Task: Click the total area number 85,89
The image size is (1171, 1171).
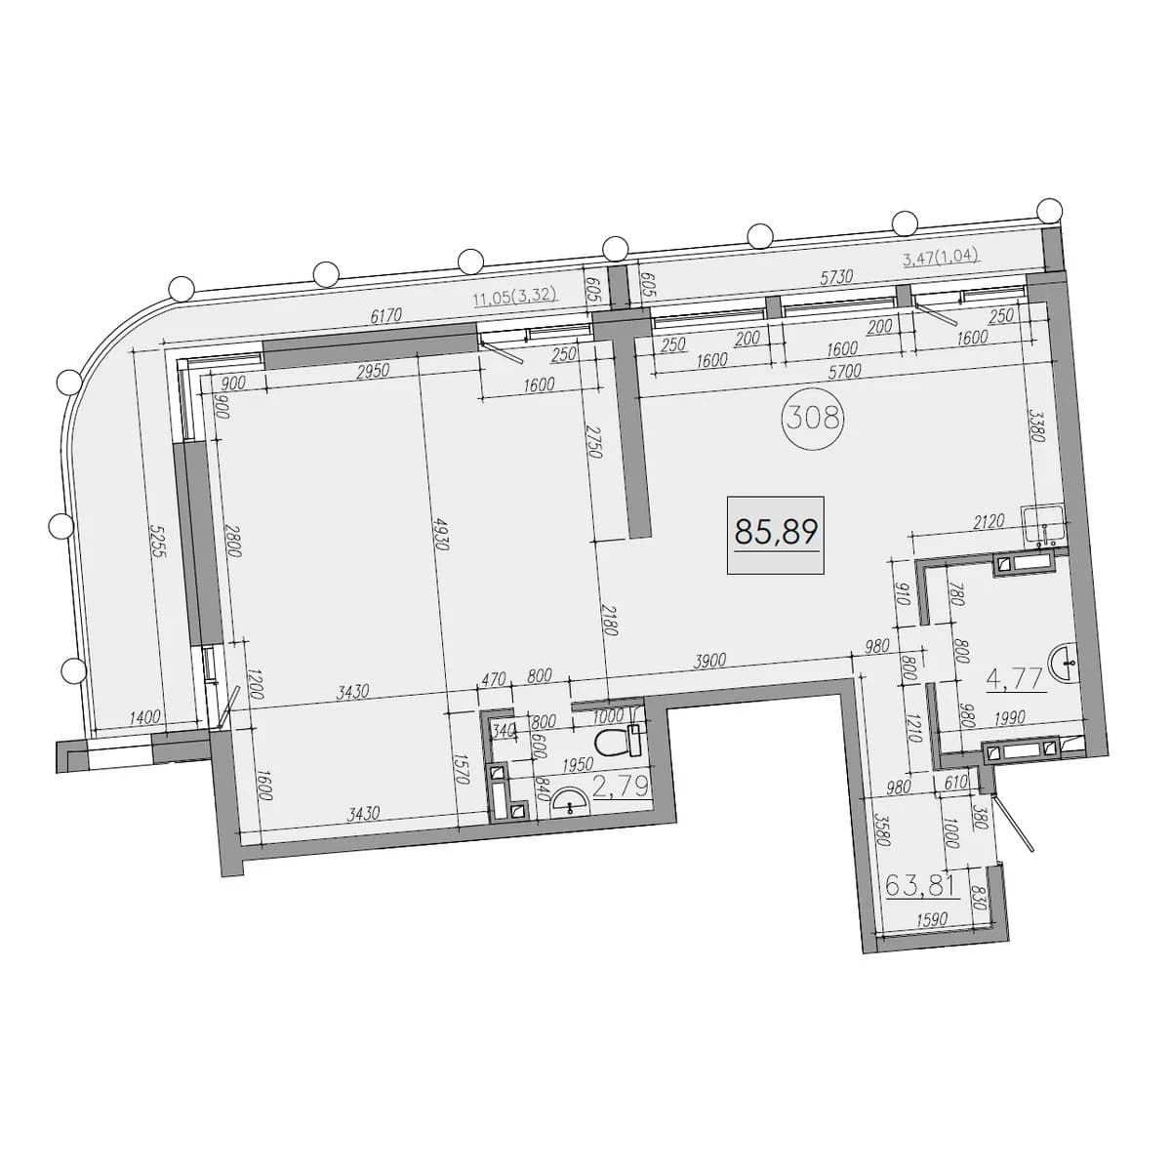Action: coord(776,533)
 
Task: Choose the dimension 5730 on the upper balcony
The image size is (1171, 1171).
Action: coord(836,276)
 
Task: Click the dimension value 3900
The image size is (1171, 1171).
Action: coord(709,661)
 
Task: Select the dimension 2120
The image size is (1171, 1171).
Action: coord(988,520)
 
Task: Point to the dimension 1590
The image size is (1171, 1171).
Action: coord(930,920)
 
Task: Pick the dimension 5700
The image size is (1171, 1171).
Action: coord(844,371)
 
